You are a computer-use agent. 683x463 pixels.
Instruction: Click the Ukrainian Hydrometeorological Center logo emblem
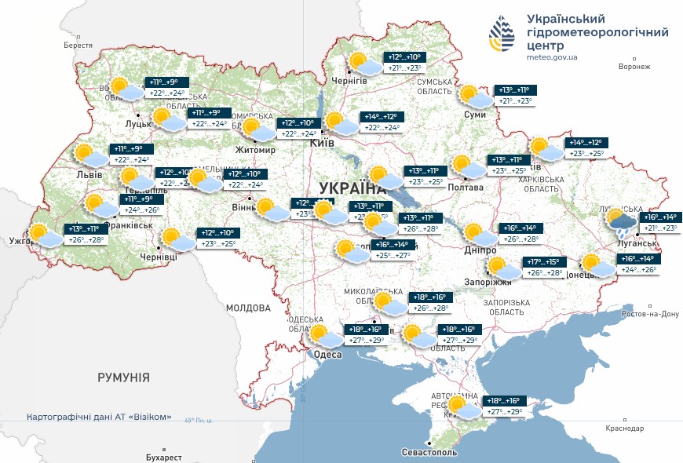[x=503, y=33]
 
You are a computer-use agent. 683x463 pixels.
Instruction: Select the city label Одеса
[x=327, y=355]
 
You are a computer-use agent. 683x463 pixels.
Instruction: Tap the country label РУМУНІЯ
[x=123, y=377]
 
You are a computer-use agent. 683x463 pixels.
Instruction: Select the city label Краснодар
[x=625, y=428]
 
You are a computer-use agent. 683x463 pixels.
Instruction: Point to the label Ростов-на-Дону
[x=648, y=314]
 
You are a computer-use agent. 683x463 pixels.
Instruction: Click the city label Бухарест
[x=163, y=458]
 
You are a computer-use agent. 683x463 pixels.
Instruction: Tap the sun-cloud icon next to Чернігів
[x=365, y=63]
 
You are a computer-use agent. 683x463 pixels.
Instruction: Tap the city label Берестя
[x=79, y=46]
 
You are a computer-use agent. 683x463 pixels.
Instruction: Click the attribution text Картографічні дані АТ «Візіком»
[x=99, y=417]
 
